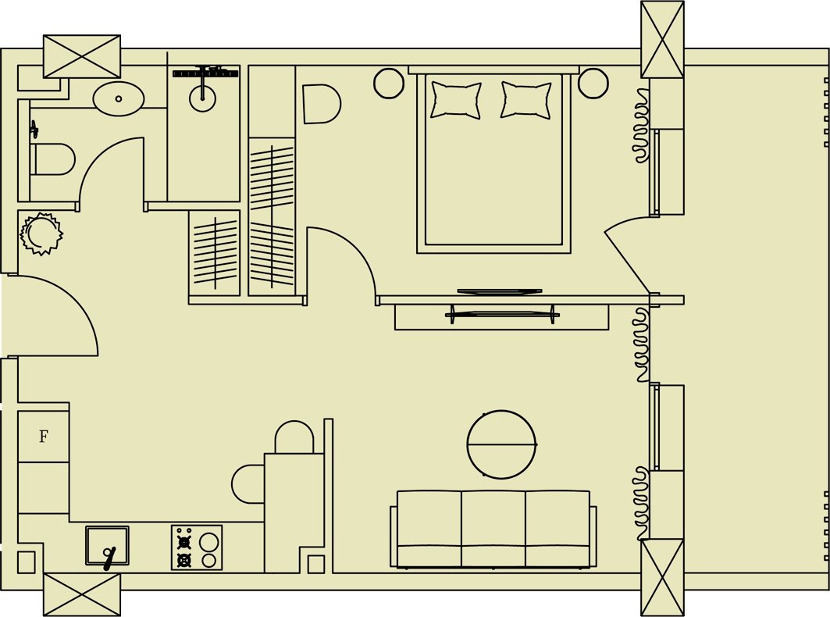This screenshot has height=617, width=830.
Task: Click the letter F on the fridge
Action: point(44,437)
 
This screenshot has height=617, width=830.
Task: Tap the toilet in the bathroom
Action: point(53,159)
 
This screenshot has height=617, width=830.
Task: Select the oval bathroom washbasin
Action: point(119,98)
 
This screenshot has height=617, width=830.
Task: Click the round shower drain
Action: point(203,98)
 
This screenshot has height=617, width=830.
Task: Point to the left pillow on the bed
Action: point(456,99)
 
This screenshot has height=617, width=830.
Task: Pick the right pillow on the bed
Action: point(526,99)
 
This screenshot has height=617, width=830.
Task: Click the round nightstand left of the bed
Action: point(389,83)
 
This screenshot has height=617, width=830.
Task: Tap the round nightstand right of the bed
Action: point(593,83)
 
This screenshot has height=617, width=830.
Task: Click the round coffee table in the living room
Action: point(501,444)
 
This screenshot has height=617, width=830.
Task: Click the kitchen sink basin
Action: point(107,545)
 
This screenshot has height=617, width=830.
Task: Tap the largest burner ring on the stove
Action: point(208,542)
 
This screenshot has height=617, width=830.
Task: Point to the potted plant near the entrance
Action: point(41,234)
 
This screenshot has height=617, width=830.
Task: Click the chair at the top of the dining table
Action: point(294,437)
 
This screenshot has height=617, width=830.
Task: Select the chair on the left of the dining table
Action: point(248,484)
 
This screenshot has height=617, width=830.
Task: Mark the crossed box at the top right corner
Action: point(662,40)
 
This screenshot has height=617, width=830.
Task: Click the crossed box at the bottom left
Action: point(81,595)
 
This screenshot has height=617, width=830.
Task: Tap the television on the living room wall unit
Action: point(502,315)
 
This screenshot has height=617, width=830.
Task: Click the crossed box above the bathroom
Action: point(81,57)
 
